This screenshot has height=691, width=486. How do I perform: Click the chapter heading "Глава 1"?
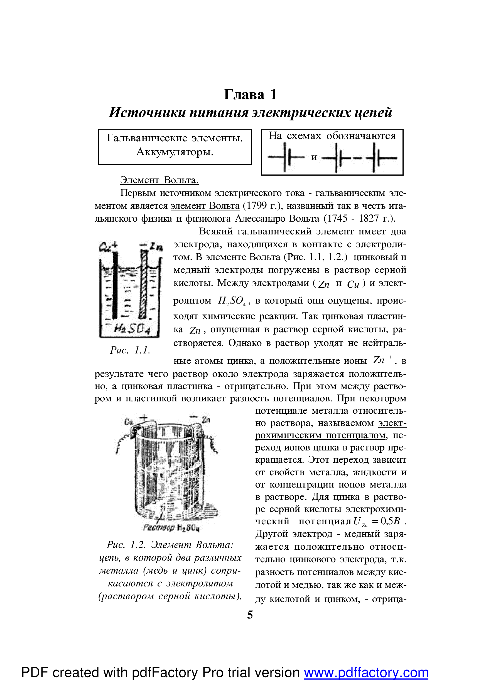(250, 94)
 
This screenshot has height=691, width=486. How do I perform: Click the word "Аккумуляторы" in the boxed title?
(173, 152)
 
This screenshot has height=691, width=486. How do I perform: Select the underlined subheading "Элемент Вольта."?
(159, 180)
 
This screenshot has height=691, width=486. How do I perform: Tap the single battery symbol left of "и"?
(286, 157)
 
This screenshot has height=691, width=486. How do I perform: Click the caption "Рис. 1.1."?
(130, 350)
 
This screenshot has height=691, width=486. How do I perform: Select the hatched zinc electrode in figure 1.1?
(144, 284)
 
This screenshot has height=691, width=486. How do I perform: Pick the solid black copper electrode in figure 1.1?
(115, 284)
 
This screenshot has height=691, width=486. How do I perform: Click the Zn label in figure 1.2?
(206, 420)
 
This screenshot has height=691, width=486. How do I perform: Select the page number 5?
(250, 615)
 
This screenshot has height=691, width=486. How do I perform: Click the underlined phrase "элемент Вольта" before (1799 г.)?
(205, 206)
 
